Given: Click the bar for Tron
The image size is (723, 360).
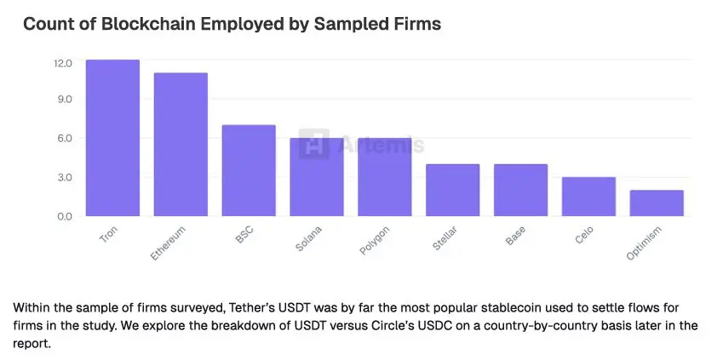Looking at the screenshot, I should [x=112, y=138].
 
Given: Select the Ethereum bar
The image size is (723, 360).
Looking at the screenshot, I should [x=181, y=145].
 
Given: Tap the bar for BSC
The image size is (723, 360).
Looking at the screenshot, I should [x=249, y=170].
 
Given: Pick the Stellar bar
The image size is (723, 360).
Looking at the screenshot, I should [x=452, y=190].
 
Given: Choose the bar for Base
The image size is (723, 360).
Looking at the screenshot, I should [x=520, y=190].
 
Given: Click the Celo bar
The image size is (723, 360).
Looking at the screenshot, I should [x=588, y=197].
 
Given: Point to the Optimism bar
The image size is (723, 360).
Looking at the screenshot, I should [x=657, y=203].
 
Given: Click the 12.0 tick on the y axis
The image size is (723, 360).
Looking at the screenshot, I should [x=63, y=63].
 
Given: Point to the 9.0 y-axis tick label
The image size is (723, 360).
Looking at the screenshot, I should [x=65, y=100].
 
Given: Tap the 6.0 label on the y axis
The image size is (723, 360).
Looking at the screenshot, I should [x=65, y=138].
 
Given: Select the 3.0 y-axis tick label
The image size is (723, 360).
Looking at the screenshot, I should [x=65, y=177].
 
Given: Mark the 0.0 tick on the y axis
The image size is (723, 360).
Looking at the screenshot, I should [x=65, y=216].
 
